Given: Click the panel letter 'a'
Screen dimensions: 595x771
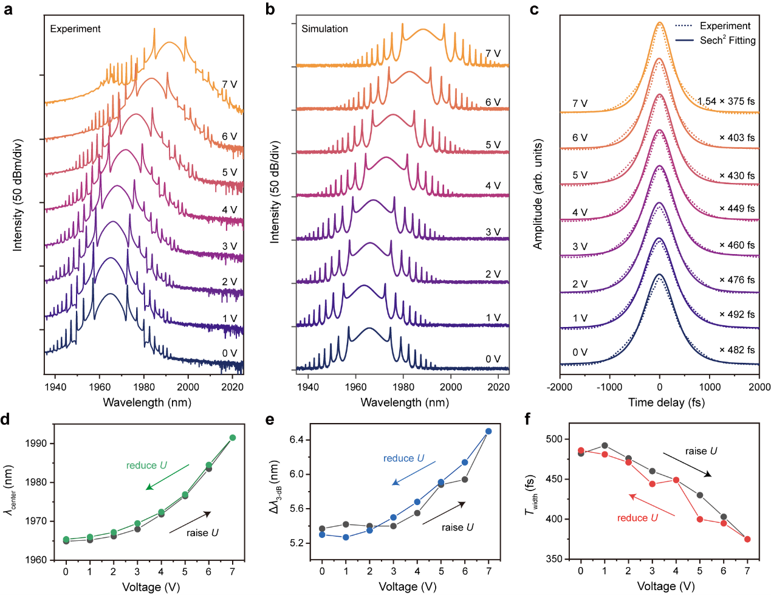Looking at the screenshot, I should (9, 10).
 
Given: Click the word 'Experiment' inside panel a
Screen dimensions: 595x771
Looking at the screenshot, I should (75, 29).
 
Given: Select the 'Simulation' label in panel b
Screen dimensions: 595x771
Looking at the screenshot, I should (324, 29).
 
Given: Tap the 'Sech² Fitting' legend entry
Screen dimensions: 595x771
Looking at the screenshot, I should (727, 40).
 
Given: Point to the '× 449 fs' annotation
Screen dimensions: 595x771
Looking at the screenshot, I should (737, 208).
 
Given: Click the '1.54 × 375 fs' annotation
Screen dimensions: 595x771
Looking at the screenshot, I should (726, 101).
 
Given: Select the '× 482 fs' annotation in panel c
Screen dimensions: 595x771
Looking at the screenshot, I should (737, 349).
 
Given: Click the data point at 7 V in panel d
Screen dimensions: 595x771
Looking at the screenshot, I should (233, 438).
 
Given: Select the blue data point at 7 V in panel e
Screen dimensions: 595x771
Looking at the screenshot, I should (488, 432).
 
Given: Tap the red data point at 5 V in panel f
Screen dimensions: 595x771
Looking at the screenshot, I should (700, 519).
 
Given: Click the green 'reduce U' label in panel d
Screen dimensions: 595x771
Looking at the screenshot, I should (146, 465).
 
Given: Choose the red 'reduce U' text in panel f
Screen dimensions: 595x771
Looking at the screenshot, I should (637, 518).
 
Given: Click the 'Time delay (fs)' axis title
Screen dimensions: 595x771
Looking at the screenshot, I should (659, 402).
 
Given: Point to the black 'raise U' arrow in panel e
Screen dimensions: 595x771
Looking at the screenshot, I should (444, 513).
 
